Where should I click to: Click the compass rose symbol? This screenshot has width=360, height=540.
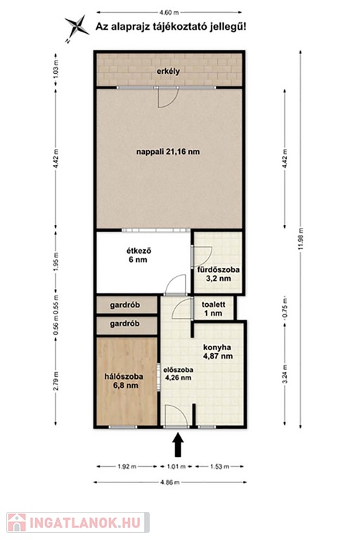77,28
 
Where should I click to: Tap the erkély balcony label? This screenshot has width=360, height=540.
168,72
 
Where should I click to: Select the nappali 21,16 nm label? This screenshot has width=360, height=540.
168,152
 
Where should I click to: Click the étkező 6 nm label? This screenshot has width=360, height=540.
138,255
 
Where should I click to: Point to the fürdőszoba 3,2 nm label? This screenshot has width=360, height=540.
218,274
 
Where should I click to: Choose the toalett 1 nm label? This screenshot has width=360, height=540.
213,309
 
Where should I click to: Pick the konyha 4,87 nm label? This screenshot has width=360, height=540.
218,352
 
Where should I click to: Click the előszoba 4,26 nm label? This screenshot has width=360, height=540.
178,373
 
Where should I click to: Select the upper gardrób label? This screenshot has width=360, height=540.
124,305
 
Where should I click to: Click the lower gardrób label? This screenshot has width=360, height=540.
124,323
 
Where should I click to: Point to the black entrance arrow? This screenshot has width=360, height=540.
178,444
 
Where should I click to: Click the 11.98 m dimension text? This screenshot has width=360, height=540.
300,239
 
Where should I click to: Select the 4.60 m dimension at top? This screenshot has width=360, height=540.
169,13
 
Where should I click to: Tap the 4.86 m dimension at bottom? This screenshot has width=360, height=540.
170,482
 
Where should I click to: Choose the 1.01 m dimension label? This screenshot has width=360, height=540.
176,467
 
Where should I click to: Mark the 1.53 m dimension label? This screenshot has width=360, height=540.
219,467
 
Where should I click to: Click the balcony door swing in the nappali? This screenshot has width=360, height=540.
169,98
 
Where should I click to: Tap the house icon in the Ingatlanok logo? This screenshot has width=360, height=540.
17,522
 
